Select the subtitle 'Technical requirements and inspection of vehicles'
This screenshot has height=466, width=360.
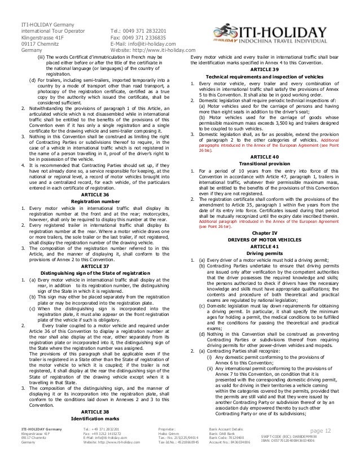(x=271, y=75)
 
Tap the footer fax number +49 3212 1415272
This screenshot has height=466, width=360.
(x=102, y=449)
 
